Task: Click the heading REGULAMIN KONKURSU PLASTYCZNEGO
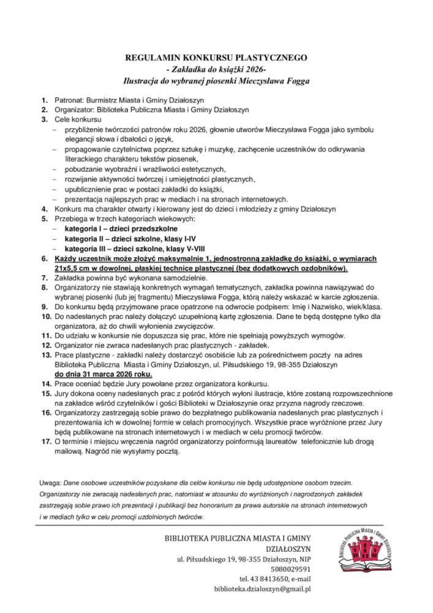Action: pyautogui.click(x=216, y=58)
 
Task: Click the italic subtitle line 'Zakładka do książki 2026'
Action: pyautogui.click(x=216, y=69)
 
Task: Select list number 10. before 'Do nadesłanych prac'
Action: pyautogui.click(x=46, y=316)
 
